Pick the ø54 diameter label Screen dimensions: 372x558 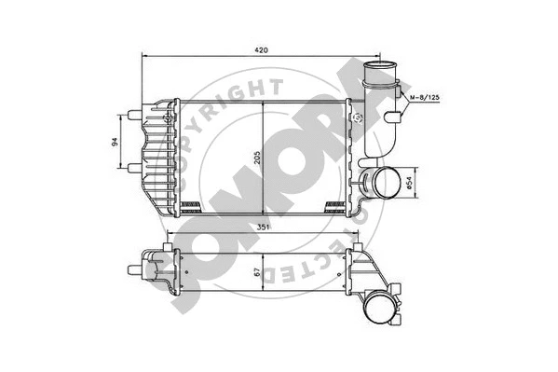411,180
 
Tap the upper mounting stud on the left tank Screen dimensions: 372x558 133,117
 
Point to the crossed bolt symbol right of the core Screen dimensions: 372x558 358,118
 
